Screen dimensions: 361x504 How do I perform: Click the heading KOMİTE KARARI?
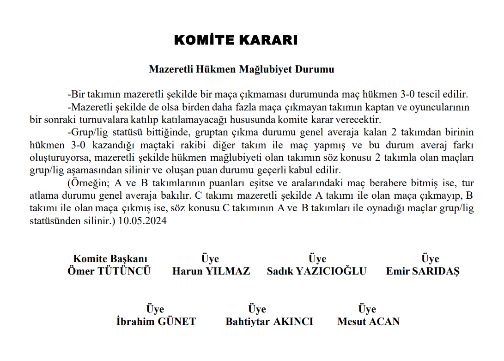tap(236, 40)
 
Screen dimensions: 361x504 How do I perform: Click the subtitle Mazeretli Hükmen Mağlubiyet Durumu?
tap(241, 70)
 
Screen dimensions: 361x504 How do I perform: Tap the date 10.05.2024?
tap(143, 220)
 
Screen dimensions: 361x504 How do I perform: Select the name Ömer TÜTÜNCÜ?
tap(109, 271)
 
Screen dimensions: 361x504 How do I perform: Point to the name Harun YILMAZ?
tap(211, 271)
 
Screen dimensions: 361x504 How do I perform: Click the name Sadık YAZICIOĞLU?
tap(316, 271)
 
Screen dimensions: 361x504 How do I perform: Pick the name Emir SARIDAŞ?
tap(423, 271)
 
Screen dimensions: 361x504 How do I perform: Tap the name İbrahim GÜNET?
tap(156, 322)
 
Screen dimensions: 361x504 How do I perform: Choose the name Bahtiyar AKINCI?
tap(269, 322)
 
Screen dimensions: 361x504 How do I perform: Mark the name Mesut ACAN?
tap(369, 322)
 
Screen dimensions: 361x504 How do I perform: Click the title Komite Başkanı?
tap(110, 259)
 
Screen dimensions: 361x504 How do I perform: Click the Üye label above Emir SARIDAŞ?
tap(430, 259)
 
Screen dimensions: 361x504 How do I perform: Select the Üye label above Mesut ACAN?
tap(367, 309)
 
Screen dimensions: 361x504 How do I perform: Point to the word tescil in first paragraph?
tap(427, 94)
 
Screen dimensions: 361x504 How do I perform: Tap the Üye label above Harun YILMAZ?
tap(210, 259)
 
